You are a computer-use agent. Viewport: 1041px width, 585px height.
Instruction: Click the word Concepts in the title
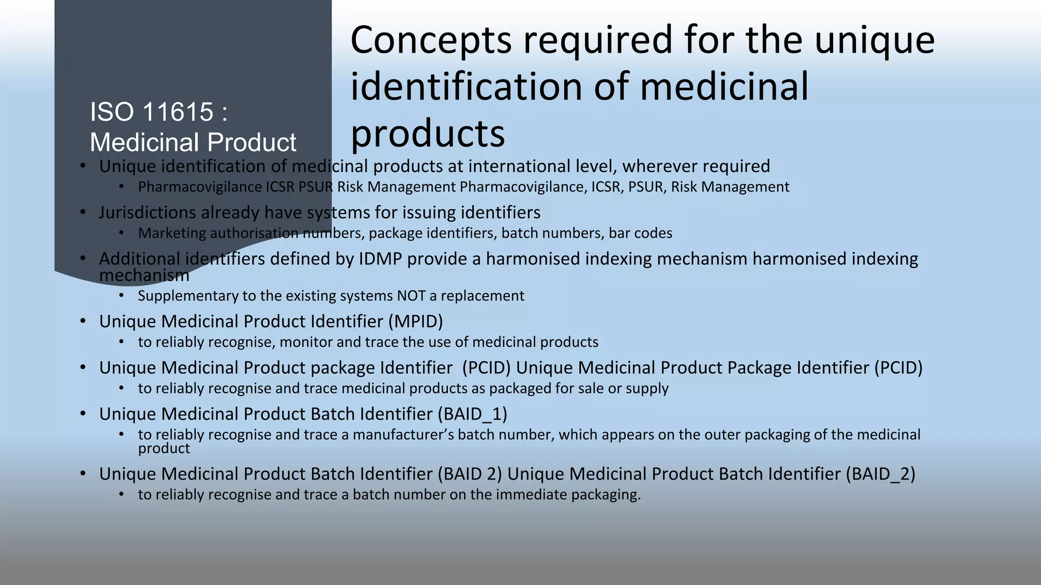[x=431, y=41]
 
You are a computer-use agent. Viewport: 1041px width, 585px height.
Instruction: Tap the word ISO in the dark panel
[x=108, y=112]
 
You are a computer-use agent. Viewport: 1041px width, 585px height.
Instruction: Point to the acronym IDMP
[x=381, y=259]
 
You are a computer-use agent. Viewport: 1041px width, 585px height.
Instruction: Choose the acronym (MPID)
[x=416, y=321]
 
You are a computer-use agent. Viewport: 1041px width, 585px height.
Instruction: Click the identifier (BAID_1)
[x=472, y=414]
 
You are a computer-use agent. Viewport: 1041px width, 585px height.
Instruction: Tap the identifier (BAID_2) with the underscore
[x=880, y=474]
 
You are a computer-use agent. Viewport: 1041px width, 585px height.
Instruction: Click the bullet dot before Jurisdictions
[x=83, y=212]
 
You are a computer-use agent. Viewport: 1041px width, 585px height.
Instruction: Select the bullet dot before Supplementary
[x=121, y=295]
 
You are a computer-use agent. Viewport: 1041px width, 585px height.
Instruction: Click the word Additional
[x=139, y=259]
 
